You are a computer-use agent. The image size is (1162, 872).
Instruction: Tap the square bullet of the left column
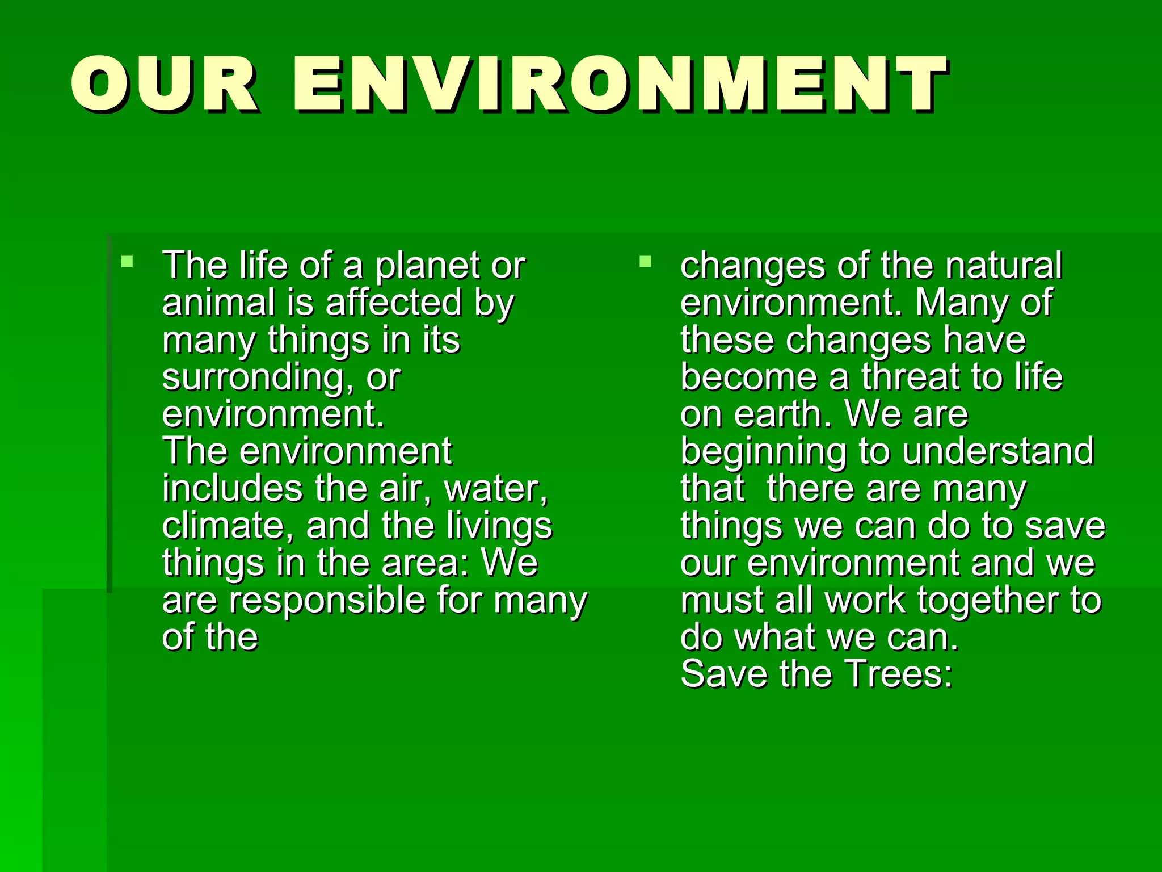click(x=127, y=262)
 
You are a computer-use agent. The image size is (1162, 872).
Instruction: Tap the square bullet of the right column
click(x=645, y=262)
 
